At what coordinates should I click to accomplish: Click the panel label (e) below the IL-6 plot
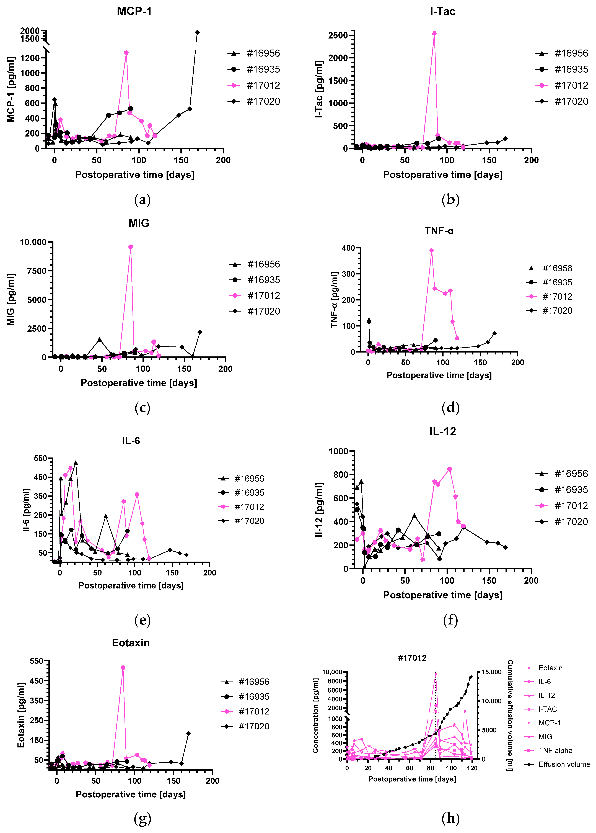click(142, 620)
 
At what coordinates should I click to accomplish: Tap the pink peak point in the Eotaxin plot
click(123, 668)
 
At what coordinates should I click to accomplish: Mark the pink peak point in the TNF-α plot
click(432, 250)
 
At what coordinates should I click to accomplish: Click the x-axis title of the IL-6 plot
click(131, 585)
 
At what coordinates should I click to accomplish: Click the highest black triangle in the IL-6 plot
click(76, 463)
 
